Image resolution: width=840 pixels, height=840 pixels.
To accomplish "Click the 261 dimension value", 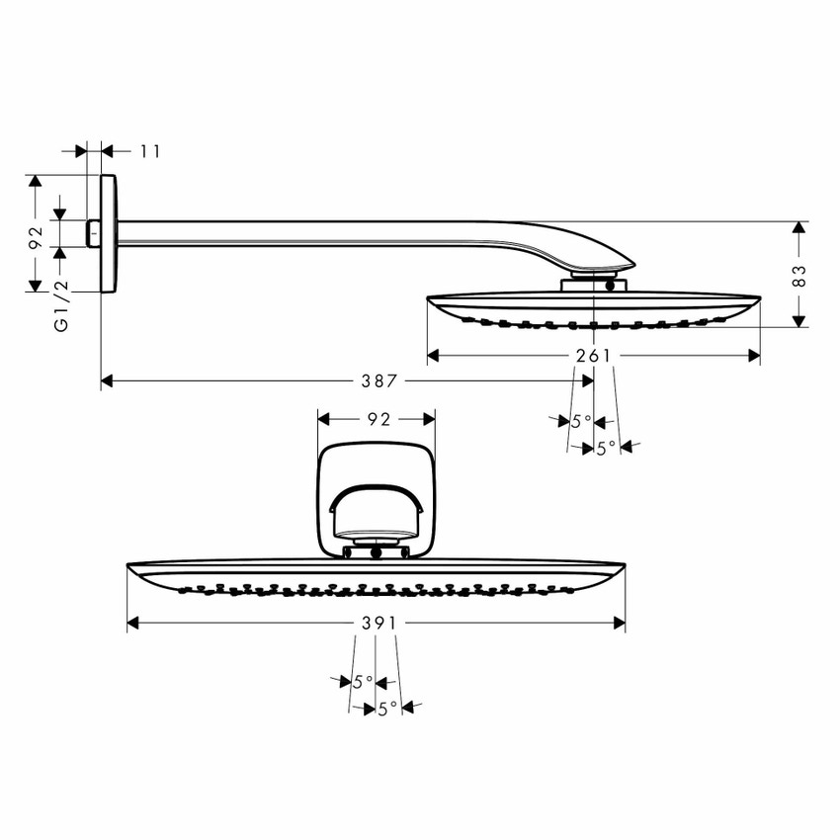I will (x=594, y=356).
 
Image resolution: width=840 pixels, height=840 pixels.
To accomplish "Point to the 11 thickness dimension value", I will (x=149, y=151).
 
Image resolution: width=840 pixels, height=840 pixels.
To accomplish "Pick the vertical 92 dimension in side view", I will (x=35, y=237).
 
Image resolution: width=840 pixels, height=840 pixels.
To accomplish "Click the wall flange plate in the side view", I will (x=108, y=234).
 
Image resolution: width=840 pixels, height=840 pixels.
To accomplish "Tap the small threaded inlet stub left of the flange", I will (x=94, y=234).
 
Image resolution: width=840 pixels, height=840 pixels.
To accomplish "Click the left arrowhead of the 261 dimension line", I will (x=433, y=356).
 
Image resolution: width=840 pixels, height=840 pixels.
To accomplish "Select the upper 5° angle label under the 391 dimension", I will (x=363, y=681).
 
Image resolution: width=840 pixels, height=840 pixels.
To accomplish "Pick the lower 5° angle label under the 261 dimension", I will (x=605, y=448).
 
